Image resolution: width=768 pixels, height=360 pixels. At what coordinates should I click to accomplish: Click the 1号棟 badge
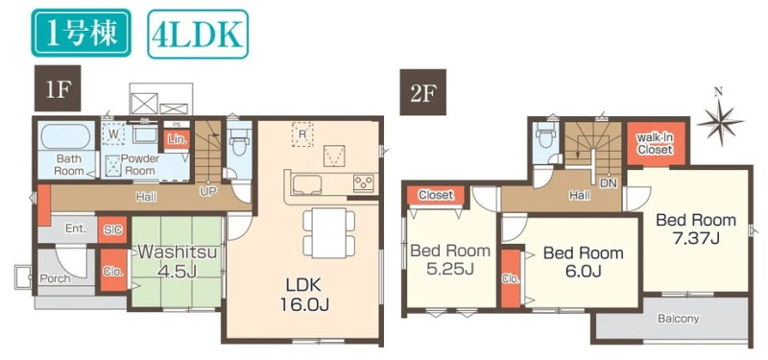[82, 33]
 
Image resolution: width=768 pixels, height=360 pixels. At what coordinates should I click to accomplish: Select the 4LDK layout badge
[198, 34]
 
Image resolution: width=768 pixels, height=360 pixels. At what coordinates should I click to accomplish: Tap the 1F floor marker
[58, 88]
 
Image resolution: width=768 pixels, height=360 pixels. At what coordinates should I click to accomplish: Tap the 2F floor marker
[422, 92]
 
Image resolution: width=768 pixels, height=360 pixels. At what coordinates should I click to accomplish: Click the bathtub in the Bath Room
[65, 136]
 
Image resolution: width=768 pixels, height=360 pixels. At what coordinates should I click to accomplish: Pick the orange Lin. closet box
[177, 139]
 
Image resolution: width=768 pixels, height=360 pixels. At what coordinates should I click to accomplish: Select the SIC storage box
[112, 229]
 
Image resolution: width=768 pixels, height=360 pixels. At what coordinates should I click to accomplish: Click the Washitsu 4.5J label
[177, 261]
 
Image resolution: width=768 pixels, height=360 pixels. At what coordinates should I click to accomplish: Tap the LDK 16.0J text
[303, 295]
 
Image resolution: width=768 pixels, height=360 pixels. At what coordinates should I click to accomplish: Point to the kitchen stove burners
[364, 183]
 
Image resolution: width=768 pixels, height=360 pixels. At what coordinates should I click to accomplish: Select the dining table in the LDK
[328, 233]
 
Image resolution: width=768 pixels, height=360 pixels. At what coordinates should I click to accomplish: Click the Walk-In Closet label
[656, 143]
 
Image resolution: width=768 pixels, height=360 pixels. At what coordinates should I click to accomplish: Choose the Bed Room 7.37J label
[695, 228]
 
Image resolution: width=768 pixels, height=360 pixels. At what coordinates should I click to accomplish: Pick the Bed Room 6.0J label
[584, 261]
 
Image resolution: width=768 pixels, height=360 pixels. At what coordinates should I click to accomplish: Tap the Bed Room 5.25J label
[449, 259]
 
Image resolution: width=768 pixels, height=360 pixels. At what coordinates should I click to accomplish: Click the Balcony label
[678, 319]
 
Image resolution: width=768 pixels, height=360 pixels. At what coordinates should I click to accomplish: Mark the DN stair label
[608, 182]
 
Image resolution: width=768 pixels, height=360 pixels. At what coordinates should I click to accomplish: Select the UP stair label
[208, 190]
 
